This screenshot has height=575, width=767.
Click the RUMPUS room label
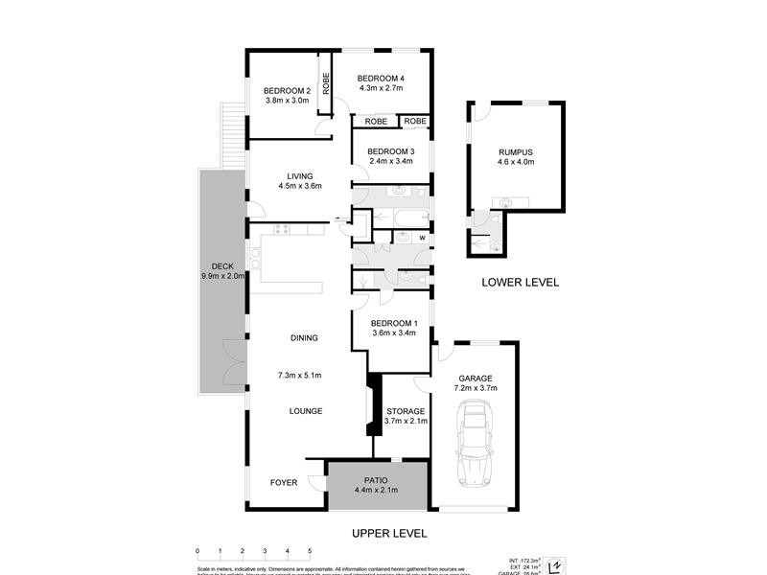515,152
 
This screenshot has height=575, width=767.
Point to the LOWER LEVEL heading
520,283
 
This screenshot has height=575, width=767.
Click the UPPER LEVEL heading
388,533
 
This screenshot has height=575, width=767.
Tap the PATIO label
376,480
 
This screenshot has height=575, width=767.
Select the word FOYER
284,482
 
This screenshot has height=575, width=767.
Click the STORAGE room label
405,410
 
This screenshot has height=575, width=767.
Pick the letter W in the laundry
421,237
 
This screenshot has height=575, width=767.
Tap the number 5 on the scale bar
309,552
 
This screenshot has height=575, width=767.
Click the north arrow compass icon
553,565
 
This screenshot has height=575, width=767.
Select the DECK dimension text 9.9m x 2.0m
223,277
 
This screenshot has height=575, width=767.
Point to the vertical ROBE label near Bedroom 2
326,85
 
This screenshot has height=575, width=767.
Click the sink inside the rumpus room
505,201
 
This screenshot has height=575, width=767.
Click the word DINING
304,337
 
